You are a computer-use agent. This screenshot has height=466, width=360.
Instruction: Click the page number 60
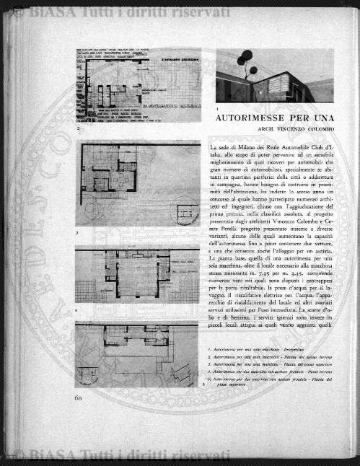coord(79,396)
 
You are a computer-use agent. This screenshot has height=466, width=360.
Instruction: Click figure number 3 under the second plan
coord(76,233)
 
